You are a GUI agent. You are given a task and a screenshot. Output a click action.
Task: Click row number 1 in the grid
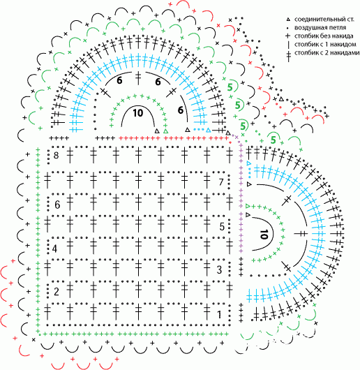pos(220,314)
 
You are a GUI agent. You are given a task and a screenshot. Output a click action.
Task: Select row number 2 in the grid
pos(56,291)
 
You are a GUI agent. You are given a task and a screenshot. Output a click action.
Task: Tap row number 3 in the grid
pos(220,269)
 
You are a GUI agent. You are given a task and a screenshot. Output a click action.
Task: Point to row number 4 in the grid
pos(54,249)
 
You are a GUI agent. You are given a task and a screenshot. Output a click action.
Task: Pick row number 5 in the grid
pos(222,226)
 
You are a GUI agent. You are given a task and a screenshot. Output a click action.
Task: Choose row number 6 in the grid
pos(57,205)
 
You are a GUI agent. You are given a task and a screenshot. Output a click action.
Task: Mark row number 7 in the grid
pos(221,182)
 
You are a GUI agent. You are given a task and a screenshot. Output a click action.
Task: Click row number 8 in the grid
pos(56,155)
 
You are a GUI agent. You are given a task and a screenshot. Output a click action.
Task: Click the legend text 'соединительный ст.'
pos(324,19)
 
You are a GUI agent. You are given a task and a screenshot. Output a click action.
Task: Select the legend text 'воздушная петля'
pos(320,28)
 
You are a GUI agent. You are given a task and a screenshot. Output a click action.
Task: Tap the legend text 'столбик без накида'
pos(324,36)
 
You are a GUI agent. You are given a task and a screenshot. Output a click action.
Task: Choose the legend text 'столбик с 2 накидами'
pos(327,52)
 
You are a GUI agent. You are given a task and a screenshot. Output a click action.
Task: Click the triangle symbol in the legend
pos(287,20)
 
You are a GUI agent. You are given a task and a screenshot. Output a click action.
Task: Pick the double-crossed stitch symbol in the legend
pos(288,55)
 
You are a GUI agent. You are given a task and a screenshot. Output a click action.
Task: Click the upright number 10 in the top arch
pos(138,113)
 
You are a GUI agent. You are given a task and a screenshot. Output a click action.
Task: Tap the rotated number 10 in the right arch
pos(264,234)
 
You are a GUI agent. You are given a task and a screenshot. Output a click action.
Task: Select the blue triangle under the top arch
pos(208,130)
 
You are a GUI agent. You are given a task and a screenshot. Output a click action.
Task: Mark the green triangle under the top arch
pos(166,131)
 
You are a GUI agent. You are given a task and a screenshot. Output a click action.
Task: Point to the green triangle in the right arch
pos(248,206)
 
